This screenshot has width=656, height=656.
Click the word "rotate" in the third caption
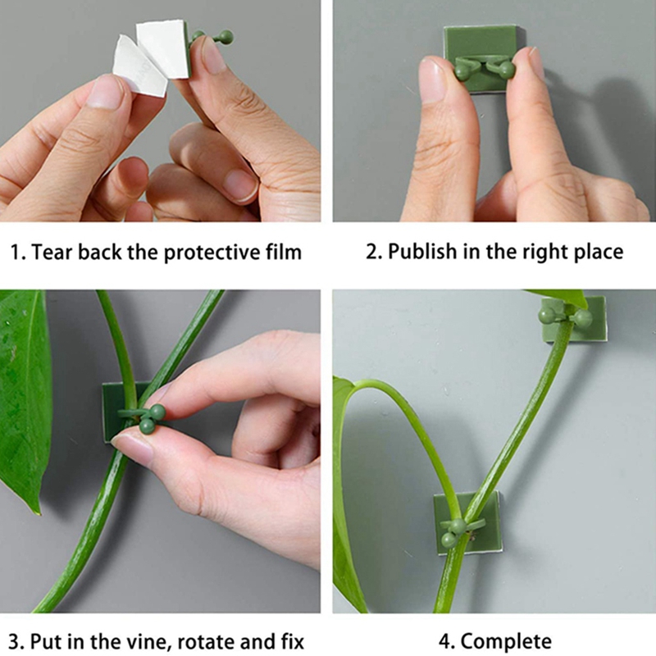[x=208, y=642]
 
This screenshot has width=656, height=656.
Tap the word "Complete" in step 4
[x=506, y=642]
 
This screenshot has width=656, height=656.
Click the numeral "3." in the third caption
[x=16, y=642]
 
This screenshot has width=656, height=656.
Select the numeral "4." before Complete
[x=447, y=642]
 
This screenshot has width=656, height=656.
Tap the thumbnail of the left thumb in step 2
[x=432, y=80]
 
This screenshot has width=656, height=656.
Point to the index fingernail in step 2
[x=531, y=63]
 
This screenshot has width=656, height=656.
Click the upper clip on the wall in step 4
[x=572, y=318]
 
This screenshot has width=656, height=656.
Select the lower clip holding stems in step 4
[x=467, y=523]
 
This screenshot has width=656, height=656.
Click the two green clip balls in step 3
[x=152, y=419]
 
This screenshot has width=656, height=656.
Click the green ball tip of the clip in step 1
[x=225, y=37]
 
